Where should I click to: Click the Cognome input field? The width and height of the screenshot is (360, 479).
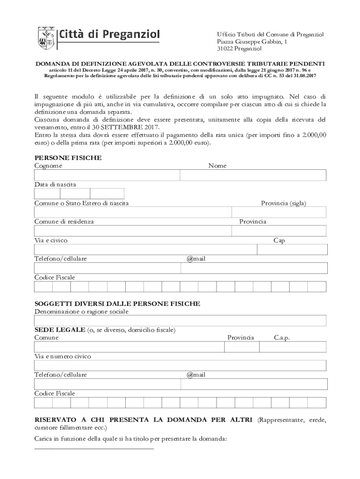tap(107, 175)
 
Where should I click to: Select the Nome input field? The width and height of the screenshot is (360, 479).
tap(253, 175)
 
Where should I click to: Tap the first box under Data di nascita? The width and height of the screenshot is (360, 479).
tap(47, 194)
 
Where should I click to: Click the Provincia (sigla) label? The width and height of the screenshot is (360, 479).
tap(284, 203)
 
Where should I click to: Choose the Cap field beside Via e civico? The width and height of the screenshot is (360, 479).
tap(292, 249)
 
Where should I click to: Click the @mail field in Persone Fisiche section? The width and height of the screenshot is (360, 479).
tap(254, 268)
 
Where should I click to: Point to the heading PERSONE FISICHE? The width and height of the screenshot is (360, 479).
tap(68, 158)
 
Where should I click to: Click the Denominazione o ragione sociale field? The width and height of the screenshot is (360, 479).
tap(180, 320)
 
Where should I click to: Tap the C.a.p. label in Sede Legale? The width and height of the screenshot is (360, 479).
tap(282, 337)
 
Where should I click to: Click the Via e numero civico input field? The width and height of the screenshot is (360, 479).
tap(180, 365)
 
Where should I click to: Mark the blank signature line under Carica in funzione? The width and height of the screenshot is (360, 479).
tap(94, 449)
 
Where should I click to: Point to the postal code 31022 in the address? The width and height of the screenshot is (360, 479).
tap(225, 49)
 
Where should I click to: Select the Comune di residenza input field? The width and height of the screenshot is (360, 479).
tap(133, 231)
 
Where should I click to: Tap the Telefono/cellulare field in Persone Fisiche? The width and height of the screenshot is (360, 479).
tap(107, 268)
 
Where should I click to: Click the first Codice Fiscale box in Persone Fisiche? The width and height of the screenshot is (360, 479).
tap(43, 286)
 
